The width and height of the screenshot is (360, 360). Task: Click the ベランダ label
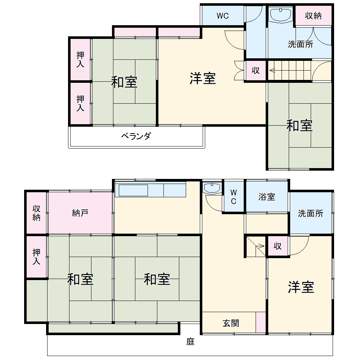click(x=136, y=136)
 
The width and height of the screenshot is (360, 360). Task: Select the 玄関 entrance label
click(x=230, y=323)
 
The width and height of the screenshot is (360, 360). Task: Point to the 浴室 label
click(x=267, y=197)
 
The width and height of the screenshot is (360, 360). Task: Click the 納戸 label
click(x=80, y=213)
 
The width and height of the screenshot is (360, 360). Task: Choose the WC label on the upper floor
click(x=222, y=16)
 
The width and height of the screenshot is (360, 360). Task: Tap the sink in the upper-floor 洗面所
click(x=280, y=15)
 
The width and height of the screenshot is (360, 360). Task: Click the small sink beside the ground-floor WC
click(x=212, y=188)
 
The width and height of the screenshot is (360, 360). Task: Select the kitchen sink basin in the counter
click(x=134, y=190)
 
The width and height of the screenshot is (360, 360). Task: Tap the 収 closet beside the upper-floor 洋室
click(x=256, y=71)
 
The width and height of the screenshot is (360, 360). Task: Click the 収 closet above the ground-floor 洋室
click(x=277, y=246)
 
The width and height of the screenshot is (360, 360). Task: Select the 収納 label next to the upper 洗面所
click(x=313, y=16)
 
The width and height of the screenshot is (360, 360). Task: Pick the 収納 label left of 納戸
click(x=36, y=213)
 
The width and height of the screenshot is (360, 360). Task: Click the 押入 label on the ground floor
click(x=36, y=257)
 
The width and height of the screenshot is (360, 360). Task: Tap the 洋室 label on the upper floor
click(x=203, y=78)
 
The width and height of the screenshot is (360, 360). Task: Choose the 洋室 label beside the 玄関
click(x=301, y=287)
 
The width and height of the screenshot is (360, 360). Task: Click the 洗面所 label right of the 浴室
click(x=310, y=213)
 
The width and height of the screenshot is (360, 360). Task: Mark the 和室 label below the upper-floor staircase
click(x=299, y=126)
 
